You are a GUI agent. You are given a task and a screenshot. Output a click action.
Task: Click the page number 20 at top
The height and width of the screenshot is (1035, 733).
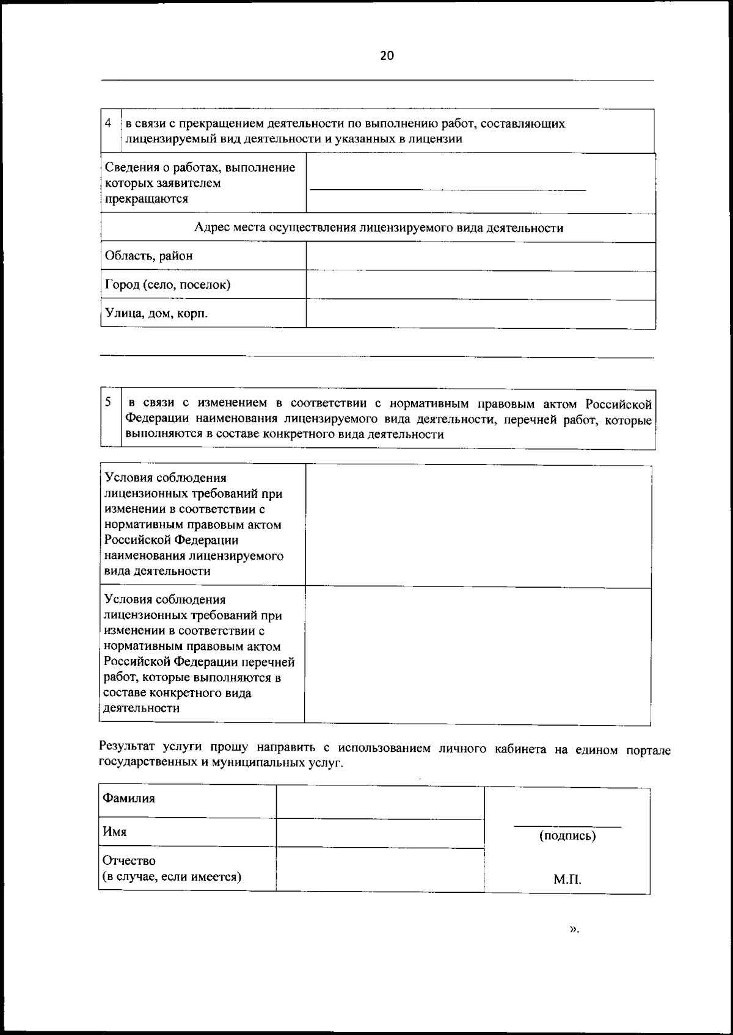point(387,56)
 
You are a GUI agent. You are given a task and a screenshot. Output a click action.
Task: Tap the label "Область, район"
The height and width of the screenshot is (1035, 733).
point(148,256)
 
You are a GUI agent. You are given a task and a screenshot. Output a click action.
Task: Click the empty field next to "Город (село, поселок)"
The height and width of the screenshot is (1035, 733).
point(480,285)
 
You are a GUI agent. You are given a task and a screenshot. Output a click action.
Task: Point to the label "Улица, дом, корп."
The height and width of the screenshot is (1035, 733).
point(156,314)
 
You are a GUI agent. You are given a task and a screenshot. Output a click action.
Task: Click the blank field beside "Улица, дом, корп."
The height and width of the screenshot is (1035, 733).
point(480,314)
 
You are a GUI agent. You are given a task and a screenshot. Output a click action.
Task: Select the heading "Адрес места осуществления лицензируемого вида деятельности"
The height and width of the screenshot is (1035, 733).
point(378,228)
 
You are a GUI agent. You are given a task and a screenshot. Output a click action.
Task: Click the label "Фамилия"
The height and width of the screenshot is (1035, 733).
point(128,798)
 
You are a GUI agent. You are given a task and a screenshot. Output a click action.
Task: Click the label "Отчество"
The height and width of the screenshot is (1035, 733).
point(129,860)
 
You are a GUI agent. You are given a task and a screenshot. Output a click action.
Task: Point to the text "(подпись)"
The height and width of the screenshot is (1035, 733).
point(567,836)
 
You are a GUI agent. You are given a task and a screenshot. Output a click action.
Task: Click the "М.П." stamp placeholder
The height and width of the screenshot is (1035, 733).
point(567,880)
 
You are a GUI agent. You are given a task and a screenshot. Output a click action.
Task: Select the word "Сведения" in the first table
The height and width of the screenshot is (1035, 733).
point(131,167)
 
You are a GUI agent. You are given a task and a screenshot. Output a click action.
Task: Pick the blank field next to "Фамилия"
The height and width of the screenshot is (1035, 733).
point(379,801)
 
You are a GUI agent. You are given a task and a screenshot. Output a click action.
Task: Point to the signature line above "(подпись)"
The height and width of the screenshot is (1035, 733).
point(567,826)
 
